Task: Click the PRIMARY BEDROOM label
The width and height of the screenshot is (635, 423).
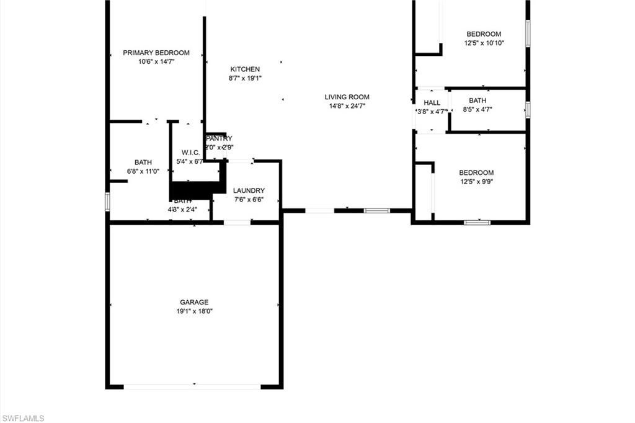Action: [156, 53]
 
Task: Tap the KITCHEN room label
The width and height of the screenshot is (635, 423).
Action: [245, 69]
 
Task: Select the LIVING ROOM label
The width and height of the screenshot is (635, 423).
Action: [347, 97]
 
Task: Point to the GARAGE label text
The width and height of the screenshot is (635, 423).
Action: [194, 302]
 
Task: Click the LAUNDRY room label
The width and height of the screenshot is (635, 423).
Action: [249, 190]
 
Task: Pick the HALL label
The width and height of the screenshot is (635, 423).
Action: [432, 103]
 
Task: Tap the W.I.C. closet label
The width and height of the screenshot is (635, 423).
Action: [190, 153]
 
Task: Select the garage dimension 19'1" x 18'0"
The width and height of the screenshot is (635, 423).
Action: [194, 311]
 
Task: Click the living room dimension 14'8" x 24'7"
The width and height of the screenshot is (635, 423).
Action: [347, 106]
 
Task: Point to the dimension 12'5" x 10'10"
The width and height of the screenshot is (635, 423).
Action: [484, 43]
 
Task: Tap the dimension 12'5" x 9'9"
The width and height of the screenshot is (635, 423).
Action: [476, 182]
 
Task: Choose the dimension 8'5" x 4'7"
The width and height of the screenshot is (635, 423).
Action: [477, 110]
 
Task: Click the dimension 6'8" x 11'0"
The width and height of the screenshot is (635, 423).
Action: [143, 171]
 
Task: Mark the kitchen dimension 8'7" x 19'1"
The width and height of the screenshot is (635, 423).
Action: [245, 78]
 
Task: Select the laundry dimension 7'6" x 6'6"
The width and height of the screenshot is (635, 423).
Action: [249, 200]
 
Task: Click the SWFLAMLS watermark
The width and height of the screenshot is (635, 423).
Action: [23, 418]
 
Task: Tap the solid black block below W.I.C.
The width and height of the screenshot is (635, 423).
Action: [195, 189]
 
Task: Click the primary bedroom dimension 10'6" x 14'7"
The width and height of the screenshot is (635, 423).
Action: [156, 62]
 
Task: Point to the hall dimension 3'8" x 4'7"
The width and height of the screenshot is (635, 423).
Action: [432, 112]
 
